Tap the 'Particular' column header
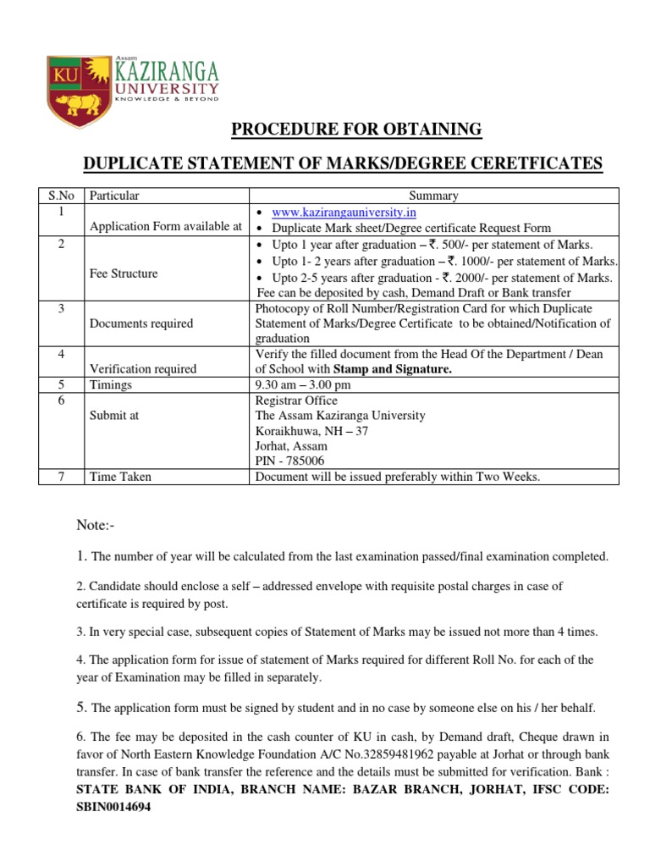click(114, 196)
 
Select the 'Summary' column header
click(433, 196)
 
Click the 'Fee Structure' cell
click(124, 273)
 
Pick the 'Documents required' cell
click(141, 323)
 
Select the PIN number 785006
click(306, 461)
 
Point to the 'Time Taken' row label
click(121, 477)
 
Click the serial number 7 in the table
click(61, 477)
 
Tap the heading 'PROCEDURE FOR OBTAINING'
click(356, 130)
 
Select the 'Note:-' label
click(96, 527)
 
